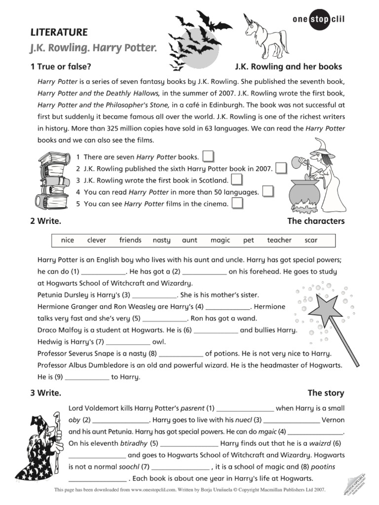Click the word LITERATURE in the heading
click(59, 33)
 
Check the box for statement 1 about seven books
click(208, 156)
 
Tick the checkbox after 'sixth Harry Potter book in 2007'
click(281, 168)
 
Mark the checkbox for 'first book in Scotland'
click(237, 180)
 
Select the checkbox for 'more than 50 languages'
click(267, 191)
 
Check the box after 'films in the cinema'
click(237, 203)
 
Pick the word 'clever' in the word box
click(96, 240)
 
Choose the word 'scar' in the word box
click(311, 240)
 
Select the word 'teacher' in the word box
click(279, 240)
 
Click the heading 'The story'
click(326, 393)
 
